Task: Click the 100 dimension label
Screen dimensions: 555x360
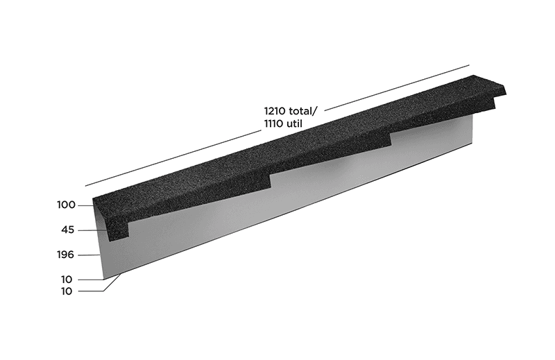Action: [x=66, y=205]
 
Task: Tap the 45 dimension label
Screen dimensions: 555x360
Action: [x=67, y=230]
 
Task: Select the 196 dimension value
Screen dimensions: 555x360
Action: [x=65, y=255]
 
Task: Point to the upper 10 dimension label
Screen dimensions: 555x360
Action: [x=67, y=280]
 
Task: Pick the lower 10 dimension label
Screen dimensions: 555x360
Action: [x=67, y=291]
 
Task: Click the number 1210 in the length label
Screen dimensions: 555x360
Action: [x=275, y=111]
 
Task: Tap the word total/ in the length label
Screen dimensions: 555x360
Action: [x=303, y=111]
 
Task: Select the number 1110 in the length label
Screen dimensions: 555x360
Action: [x=273, y=124]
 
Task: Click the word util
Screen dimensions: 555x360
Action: [x=294, y=124]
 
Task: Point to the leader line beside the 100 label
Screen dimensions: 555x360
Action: [x=85, y=205]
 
